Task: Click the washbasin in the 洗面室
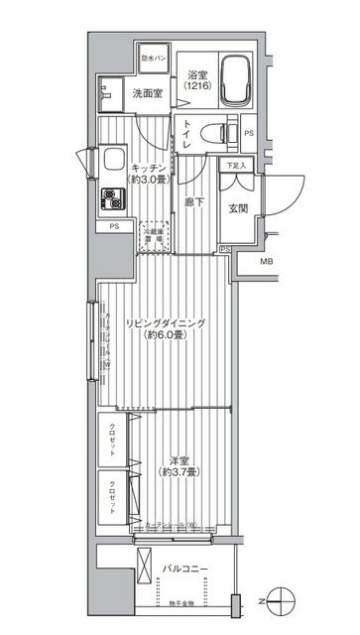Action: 106,93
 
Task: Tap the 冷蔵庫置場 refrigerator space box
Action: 153,234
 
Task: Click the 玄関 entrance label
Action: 238,208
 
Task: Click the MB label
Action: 266,262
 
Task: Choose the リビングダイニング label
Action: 165,323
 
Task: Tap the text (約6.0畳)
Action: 165,336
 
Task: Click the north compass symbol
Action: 281,599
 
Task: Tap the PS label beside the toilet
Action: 248,132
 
